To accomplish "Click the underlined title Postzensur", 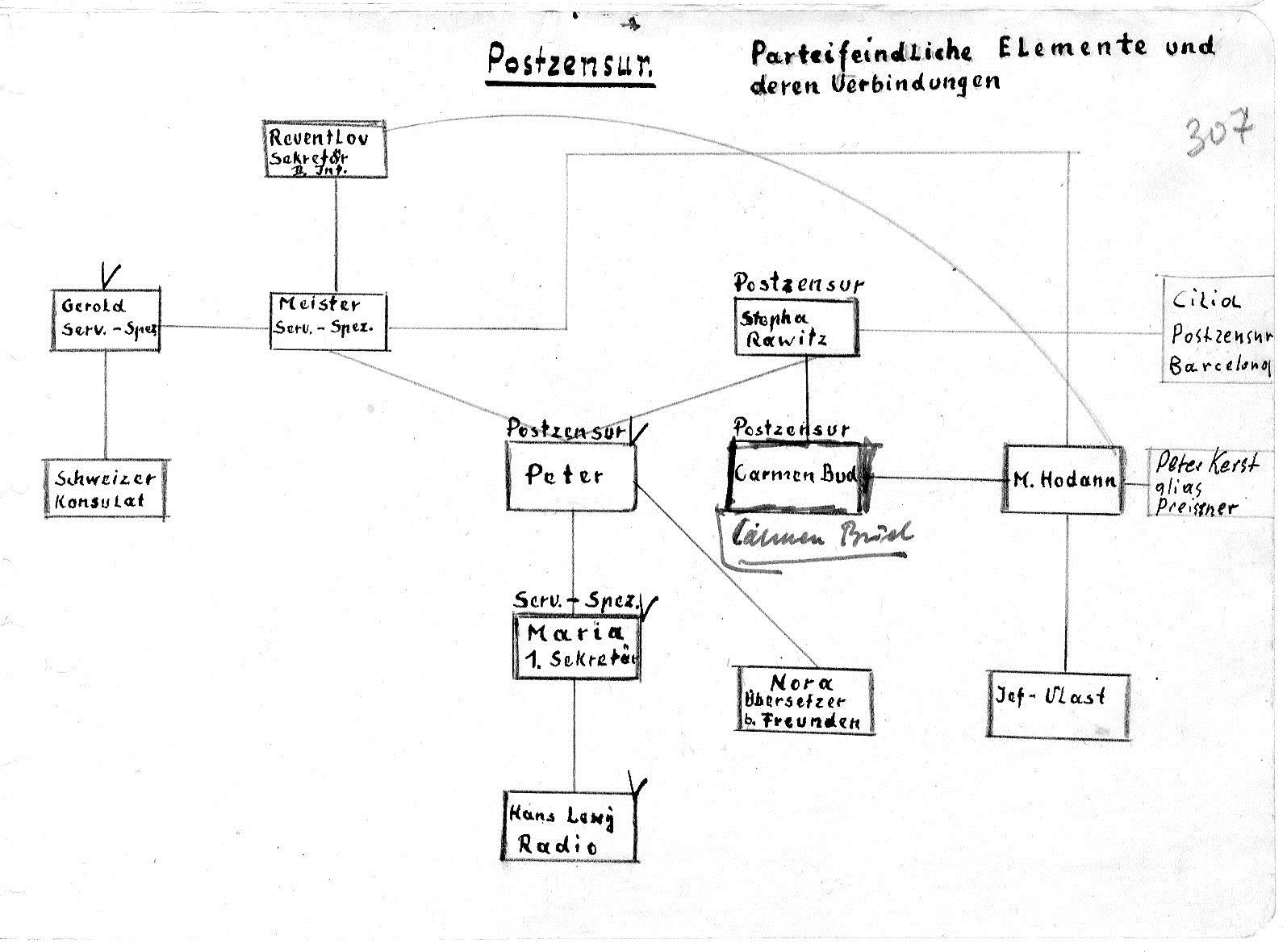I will (x=570, y=62).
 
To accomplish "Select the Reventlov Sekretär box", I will (x=325, y=149).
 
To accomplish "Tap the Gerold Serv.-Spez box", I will (x=106, y=320).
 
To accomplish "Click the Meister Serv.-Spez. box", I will (x=328, y=321).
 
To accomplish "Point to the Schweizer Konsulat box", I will (x=105, y=489).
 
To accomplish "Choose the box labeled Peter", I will (x=571, y=476).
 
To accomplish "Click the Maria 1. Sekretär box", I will (x=577, y=647).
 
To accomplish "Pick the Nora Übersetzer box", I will (x=804, y=699).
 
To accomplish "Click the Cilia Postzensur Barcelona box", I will (x=1218, y=329).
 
